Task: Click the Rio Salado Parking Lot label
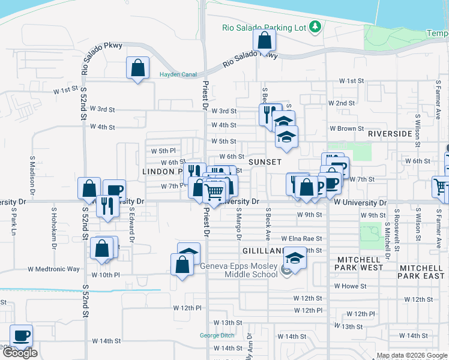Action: click(264, 27)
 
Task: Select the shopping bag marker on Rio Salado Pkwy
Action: click(264, 41)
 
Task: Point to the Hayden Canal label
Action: click(178, 75)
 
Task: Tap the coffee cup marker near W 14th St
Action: click(22, 336)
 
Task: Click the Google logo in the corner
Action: click(20, 353)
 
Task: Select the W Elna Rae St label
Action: click(298, 238)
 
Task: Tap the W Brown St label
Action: click(346, 128)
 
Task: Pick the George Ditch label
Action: click(217, 335)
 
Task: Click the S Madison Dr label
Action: click(32, 172)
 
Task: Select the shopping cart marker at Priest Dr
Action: click(214, 192)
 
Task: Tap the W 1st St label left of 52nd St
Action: click(65, 91)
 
